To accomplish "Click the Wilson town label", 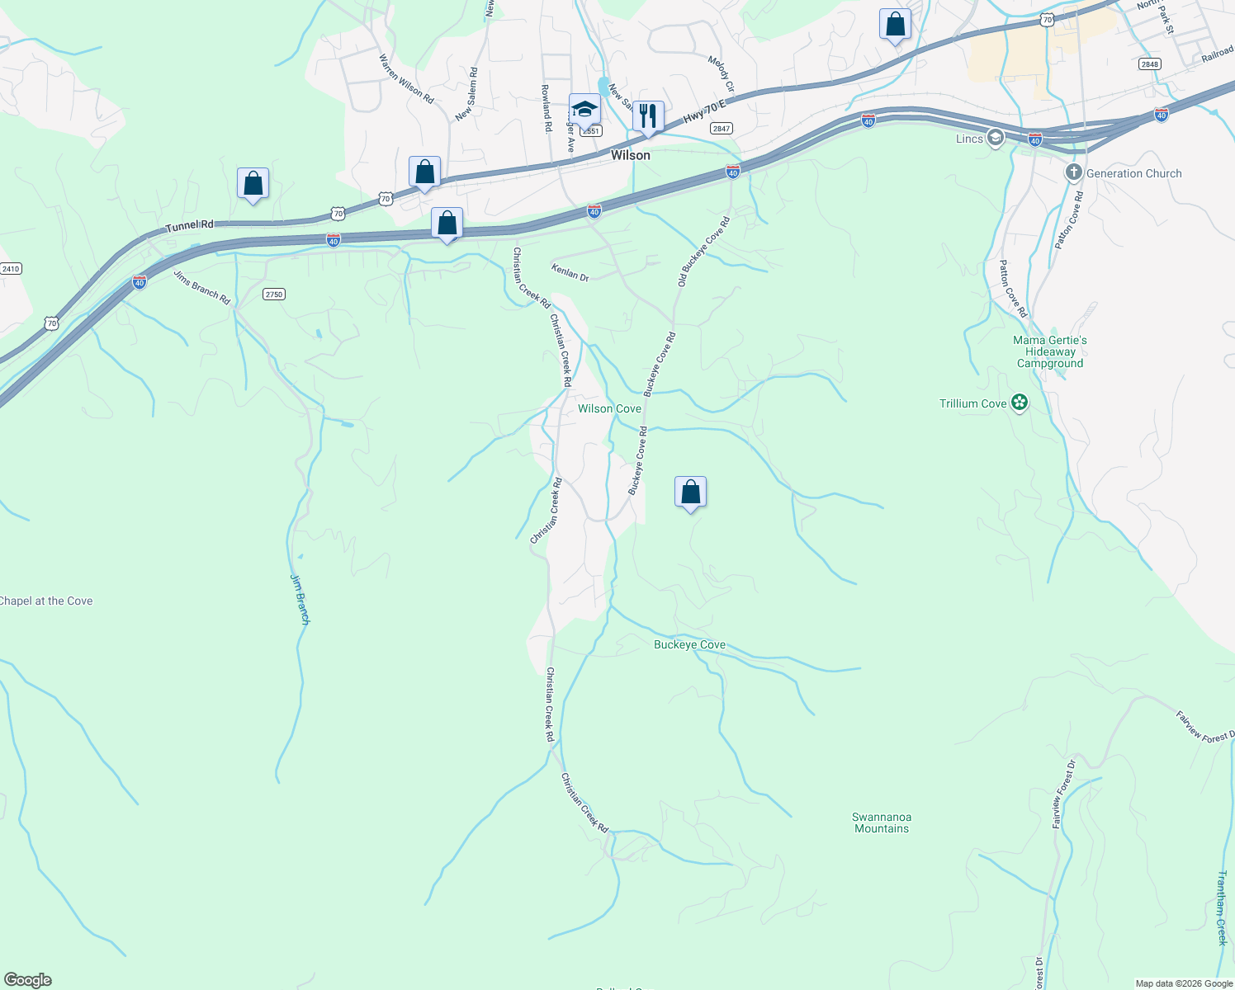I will tap(630, 155).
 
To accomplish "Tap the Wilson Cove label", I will tap(609, 409).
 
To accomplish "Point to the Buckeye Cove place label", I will tap(689, 645).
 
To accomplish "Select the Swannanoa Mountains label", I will tap(882, 823).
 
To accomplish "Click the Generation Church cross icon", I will tap(1073, 173).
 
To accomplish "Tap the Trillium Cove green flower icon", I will tap(1020, 403).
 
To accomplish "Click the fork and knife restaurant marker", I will tap(648, 116).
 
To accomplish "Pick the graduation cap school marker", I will tap(584, 110).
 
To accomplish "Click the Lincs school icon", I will tap(995, 138).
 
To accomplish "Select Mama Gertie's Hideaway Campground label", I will tap(1050, 351).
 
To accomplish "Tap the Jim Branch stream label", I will tap(299, 598).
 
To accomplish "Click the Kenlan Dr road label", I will tap(570, 272).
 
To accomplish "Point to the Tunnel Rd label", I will tap(189, 225).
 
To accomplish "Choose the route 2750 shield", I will tap(274, 295).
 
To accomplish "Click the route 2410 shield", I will tap(11, 269).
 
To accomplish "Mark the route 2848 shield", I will tap(1148, 64).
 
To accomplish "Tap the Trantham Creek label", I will tap(1222, 907).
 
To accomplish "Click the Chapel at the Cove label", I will tap(46, 601).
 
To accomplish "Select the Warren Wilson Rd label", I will tap(406, 78).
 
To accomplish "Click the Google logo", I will tap(27, 980).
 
